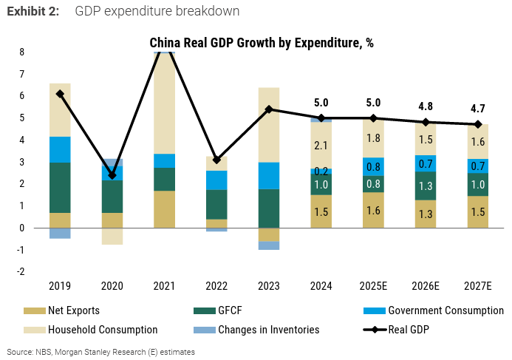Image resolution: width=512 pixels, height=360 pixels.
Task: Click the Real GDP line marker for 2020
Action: pos(112,175)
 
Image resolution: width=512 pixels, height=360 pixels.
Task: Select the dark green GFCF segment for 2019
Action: pos(60,188)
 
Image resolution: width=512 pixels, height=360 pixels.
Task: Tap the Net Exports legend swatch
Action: pos(34,310)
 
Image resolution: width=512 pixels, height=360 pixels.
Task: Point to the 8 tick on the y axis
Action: pos(22,52)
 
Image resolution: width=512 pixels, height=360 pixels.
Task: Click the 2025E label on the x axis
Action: pos(373,286)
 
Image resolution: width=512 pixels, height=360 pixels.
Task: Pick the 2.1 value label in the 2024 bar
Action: pos(321,146)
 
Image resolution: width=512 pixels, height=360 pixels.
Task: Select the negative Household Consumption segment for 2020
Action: pos(112,237)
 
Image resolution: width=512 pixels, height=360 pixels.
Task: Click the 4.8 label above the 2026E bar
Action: pos(426,106)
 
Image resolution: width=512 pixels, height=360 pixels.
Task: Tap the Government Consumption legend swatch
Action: pos(374,310)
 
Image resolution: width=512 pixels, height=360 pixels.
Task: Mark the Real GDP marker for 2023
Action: pos(269,109)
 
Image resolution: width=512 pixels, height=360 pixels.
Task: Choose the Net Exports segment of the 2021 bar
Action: pos(164,209)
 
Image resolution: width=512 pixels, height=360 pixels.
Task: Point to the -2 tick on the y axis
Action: pos(21,272)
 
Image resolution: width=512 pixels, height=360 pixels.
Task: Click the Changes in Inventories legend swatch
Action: pos(205,330)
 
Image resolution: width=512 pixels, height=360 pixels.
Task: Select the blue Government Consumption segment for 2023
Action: pos(269,176)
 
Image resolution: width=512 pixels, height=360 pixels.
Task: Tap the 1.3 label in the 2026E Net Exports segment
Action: pos(426,214)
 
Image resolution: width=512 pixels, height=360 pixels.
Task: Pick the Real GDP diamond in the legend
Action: pos(375,330)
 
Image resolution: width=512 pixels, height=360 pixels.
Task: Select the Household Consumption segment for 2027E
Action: pos(478,142)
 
